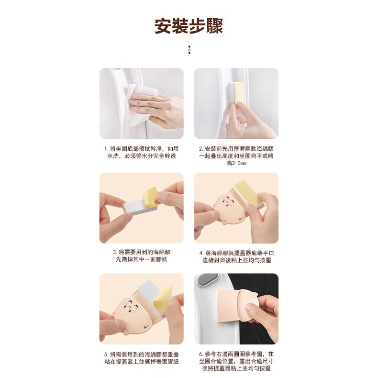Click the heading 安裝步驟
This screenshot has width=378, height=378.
(x=189, y=26)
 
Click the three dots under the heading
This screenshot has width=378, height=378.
(x=189, y=50)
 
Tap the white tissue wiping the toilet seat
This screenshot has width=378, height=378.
(x=141, y=104)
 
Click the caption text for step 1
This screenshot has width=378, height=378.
(x=141, y=152)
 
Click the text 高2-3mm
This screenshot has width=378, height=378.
(x=236, y=163)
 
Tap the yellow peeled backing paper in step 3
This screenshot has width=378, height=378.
(x=151, y=196)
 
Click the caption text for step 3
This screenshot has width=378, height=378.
(x=142, y=256)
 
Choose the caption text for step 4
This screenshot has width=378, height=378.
(x=236, y=257)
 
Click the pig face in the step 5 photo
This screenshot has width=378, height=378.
(x=132, y=313)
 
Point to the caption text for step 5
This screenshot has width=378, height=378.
(x=142, y=358)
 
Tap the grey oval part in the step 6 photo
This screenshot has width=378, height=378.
(x=207, y=279)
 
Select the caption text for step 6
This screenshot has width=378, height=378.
(x=236, y=361)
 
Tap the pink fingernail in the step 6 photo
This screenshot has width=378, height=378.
(x=249, y=308)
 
